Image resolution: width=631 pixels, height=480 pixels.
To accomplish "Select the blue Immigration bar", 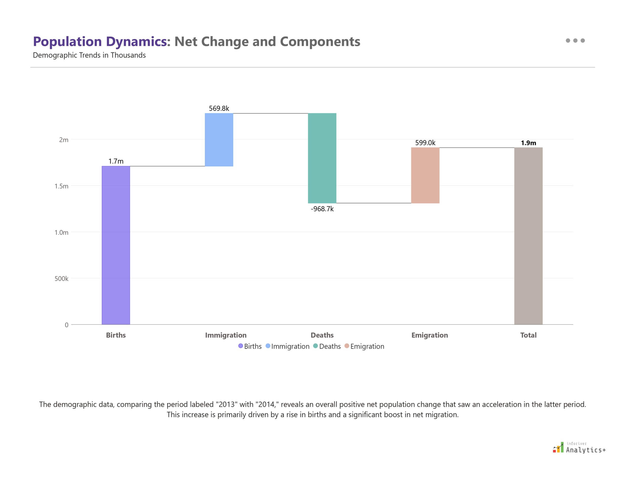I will pos(219,140).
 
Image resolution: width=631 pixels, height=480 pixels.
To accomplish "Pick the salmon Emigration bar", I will pos(425,175).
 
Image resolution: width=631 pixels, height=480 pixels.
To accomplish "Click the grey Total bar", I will pos(528,236).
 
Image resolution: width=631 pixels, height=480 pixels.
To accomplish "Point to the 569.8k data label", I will pos(219,108).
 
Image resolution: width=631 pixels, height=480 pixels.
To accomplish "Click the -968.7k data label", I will pos(322,209).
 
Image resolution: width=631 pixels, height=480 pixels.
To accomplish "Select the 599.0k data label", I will pos(425,143).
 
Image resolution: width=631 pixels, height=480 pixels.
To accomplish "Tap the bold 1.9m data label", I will pos(528,143).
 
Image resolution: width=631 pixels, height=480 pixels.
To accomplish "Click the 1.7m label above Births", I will pos(116,161).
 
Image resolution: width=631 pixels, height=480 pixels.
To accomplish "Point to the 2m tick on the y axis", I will pos(64,140).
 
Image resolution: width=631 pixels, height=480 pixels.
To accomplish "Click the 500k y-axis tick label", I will pos(61,279).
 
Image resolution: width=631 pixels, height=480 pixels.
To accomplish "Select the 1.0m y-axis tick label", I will pos(61,232).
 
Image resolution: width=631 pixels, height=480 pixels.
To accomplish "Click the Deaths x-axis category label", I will pos(322,335).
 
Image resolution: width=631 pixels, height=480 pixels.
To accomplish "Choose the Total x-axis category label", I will pos(528,335).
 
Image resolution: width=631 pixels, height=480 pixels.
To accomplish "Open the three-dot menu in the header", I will pos(575,40).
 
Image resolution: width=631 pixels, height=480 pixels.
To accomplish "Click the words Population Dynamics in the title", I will pos(100,41).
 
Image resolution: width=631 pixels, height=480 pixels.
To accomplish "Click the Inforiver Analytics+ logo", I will pos(579,448).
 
